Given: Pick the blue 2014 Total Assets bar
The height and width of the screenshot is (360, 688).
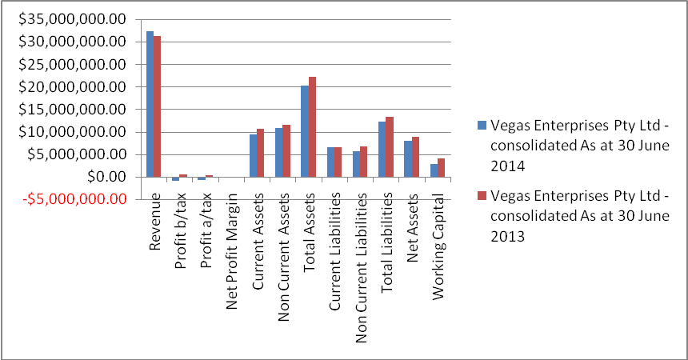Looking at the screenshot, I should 304,131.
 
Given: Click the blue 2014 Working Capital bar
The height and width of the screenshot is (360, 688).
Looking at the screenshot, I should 433,170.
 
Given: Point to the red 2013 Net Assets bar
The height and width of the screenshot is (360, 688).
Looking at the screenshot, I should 415,157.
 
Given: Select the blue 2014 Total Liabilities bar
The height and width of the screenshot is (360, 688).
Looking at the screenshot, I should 382,149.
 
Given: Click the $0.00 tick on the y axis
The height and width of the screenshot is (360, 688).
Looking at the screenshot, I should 107,177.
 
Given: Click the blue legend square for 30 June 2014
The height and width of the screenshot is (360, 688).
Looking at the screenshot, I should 481,124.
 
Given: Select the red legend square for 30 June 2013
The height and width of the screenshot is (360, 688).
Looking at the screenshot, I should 481,197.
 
